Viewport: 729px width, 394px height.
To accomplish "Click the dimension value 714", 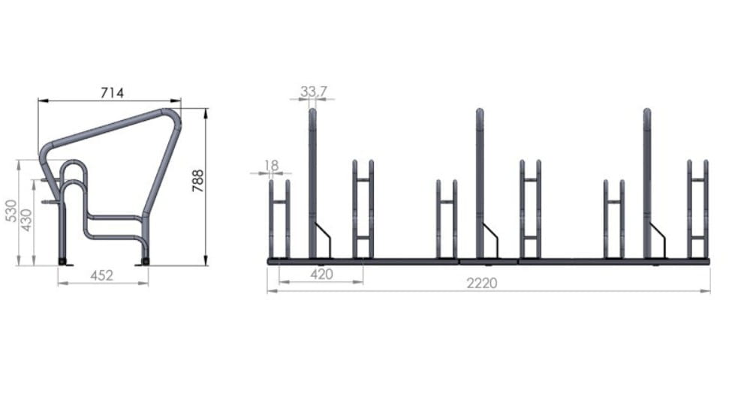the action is (x=113, y=93).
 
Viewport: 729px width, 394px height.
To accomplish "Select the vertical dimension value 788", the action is (x=198, y=181).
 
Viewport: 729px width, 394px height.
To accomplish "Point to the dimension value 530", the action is (x=11, y=210).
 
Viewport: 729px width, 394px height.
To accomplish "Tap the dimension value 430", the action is (x=26, y=220).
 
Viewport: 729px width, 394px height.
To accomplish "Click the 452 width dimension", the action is (x=102, y=275).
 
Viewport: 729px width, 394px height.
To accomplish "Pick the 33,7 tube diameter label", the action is (x=313, y=92).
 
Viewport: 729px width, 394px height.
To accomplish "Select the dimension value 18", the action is (x=271, y=165).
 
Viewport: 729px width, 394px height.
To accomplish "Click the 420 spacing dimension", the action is (x=322, y=275).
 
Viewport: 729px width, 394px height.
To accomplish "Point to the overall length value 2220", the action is (x=482, y=283).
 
